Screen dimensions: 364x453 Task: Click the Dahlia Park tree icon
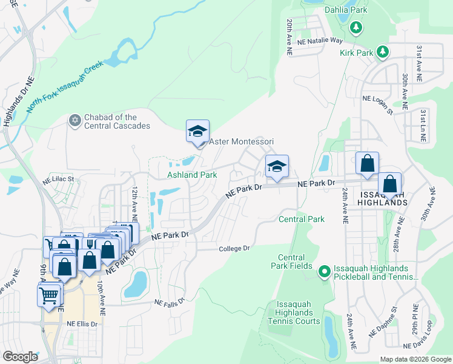click(357, 27)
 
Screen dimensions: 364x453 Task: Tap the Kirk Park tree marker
click(382, 53)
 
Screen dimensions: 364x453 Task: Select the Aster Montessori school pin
click(197, 132)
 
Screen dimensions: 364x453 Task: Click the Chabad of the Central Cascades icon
click(75, 121)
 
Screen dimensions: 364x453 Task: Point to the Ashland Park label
click(192, 175)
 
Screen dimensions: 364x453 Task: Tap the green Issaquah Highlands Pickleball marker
click(324, 271)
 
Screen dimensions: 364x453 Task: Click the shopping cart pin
click(50, 295)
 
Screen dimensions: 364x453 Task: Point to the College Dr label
click(234, 248)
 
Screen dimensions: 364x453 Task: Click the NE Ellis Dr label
click(82, 324)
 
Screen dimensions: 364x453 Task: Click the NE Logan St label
click(378, 103)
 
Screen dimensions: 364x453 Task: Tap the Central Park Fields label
click(295, 261)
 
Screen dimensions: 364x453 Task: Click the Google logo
click(21, 357)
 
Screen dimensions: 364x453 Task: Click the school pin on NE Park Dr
click(276, 167)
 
